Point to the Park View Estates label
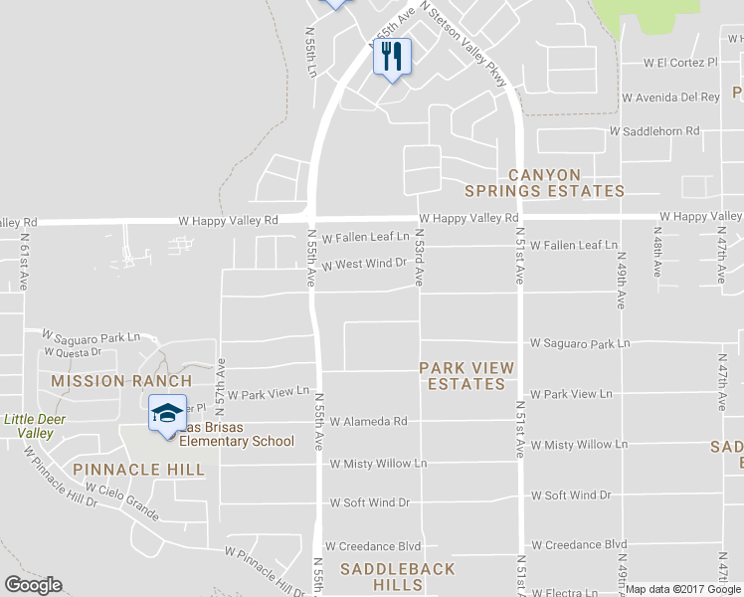[x=466, y=376]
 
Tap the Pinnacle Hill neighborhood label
[x=138, y=470]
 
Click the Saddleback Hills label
[x=398, y=577]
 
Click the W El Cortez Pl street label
[x=680, y=63]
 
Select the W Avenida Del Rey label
[x=669, y=98]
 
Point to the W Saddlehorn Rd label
[x=654, y=131]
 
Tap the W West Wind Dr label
[x=364, y=264]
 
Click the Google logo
[x=33, y=585]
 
